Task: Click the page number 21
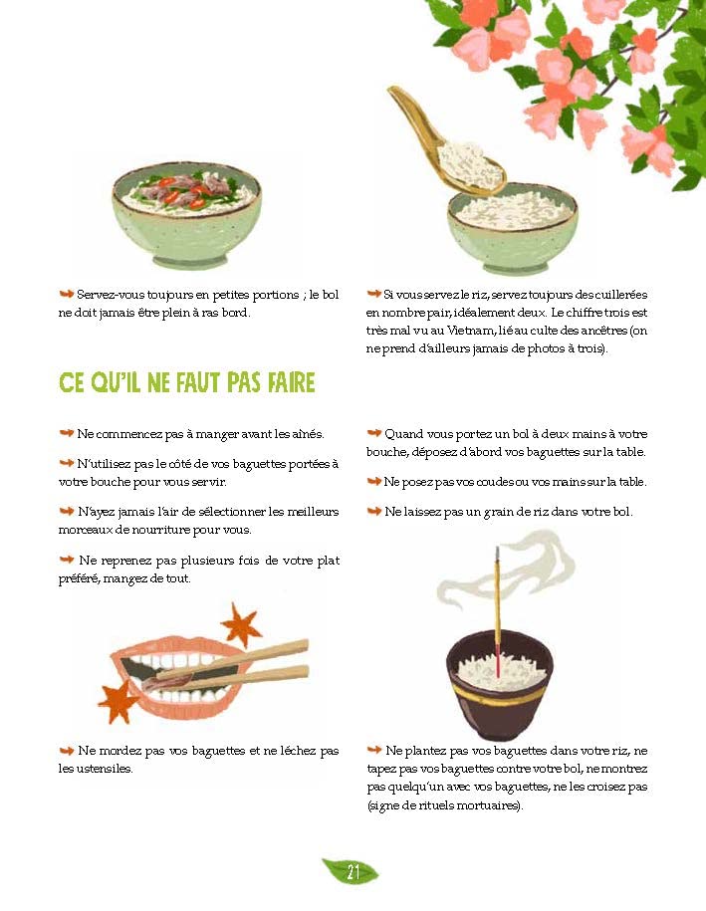[353, 872]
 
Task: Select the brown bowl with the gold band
[500, 686]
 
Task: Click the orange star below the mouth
[118, 700]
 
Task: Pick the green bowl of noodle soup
[186, 214]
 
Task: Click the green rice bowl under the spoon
[513, 231]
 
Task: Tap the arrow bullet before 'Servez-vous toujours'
[67, 294]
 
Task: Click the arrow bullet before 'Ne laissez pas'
[373, 512]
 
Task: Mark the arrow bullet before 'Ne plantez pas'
[373, 750]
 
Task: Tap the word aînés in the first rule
[307, 434]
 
